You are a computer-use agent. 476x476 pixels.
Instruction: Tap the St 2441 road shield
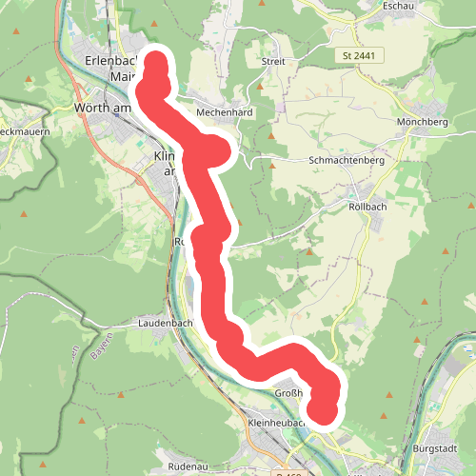[357, 57]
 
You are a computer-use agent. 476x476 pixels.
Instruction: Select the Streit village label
[273, 61]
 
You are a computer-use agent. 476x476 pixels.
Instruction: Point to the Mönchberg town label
[422, 124]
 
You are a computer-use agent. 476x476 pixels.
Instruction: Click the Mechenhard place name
[223, 112]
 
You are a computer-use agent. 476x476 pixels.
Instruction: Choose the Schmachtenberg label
[347, 161]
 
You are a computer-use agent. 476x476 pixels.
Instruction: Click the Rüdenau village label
[188, 468]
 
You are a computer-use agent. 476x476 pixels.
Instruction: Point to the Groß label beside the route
[288, 393]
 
